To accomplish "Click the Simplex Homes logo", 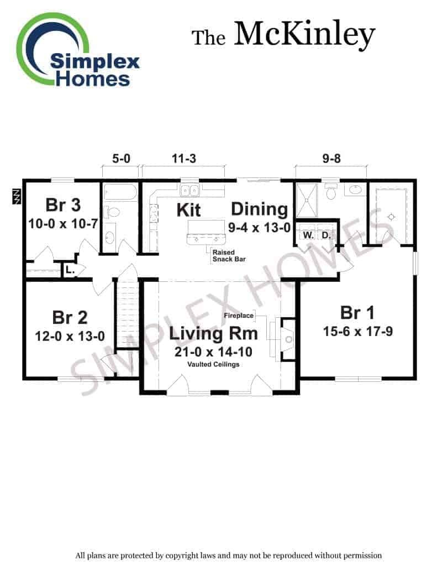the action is pyautogui.click(x=77, y=50).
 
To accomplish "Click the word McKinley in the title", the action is pyautogui.click(x=304, y=35).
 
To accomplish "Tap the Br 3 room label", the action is pyautogui.click(x=63, y=205).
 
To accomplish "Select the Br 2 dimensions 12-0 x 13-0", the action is pyautogui.click(x=70, y=337).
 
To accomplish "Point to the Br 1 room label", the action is pyautogui.click(x=357, y=313).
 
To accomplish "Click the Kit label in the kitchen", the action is pyautogui.click(x=188, y=210).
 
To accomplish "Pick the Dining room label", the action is pyautogui.click(x=260, y=210).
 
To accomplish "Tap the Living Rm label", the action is pyautogui.click(x=213, y=333).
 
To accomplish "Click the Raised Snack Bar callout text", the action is pyautogui.click(x=229, y=255).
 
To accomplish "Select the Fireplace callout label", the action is pyautogui.click(x=239, y=316).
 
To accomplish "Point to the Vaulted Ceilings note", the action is pyautogui.click(x=213, y=364).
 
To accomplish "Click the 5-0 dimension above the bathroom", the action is pyautogui.click(x=121, y=159).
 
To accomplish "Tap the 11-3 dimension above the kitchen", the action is pyautogui.click(x=183, y=159).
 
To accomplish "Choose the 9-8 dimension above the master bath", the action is pyautogui.click(x=331, y=159).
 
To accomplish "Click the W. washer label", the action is pyautogui.click(x=308, y=235).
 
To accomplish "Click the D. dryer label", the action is pyautogui.click(x=326, y=235).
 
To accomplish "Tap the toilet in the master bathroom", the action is pyautogui.click(x=331, y=191).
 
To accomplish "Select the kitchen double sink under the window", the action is pyautogui.click(x=189, y=190).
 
